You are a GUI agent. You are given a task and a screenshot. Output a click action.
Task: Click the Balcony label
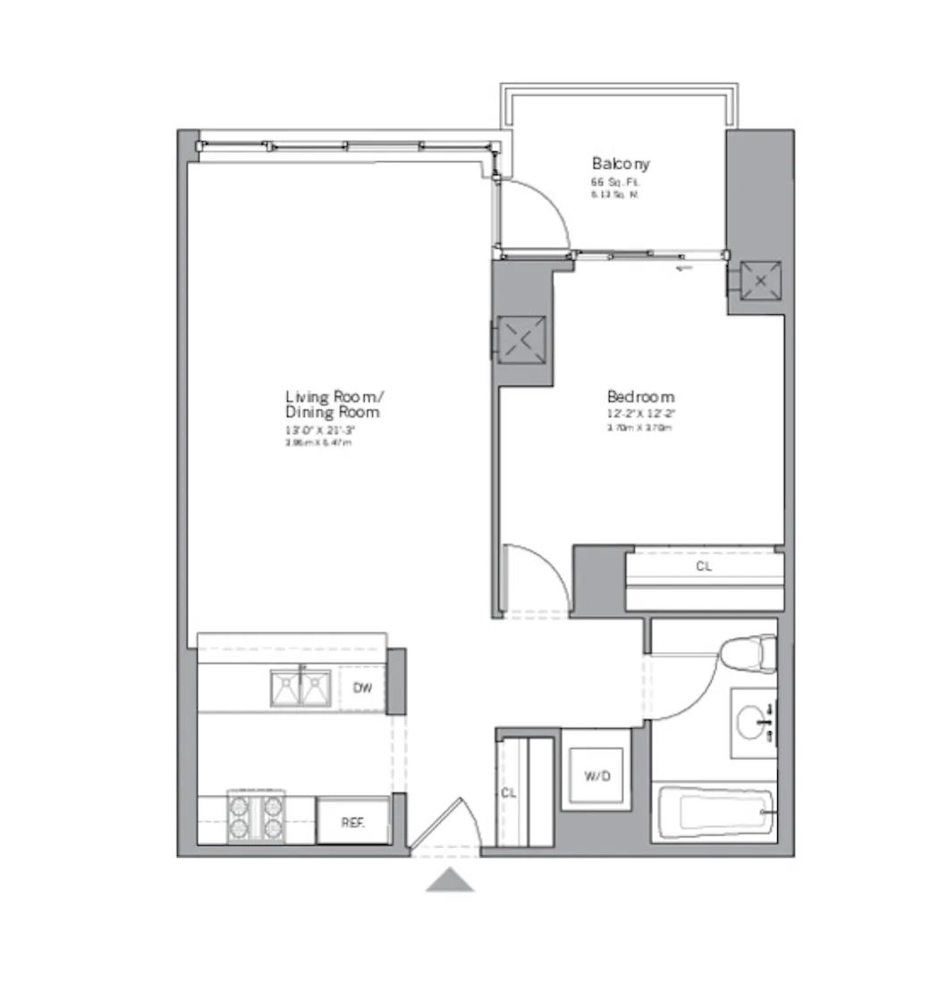(620, 164)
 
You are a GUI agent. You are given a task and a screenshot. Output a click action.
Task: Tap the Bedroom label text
(640, 397)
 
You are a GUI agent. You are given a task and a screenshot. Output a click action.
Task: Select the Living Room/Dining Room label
(333, 404)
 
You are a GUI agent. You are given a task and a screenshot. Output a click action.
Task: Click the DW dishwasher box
(362, 688)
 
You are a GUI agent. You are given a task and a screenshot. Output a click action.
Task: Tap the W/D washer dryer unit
(597, 775)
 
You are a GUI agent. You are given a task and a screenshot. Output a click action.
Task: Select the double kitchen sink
(300, 688)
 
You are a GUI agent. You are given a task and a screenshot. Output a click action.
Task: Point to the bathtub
(716, 812)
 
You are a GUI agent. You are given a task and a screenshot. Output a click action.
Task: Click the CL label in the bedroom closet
(704, 566)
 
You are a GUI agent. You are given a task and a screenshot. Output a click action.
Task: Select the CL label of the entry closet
(508, 792)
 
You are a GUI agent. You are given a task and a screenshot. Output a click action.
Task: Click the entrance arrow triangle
(449, 881)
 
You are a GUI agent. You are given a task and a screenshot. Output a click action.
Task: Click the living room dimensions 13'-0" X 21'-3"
(320, 430)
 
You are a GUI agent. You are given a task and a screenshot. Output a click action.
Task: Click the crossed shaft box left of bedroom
(521, 340)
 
